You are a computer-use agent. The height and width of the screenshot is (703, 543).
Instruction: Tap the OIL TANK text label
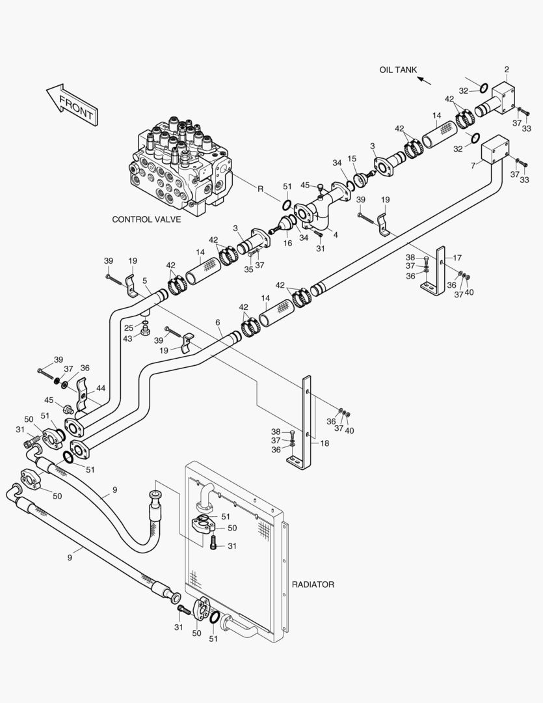pyautogui.click(x=398, y=70)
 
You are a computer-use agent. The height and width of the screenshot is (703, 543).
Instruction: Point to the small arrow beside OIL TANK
pyautogui.click(x=424, y=80)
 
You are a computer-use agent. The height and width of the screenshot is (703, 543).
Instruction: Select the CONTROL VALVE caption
pyautogui.click(x=146, y=219)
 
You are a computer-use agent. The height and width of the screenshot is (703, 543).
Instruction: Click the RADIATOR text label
pyautogui.click(x=313, y=585)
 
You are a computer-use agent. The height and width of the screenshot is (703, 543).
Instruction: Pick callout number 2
pyautogui.click(x=507, y=70)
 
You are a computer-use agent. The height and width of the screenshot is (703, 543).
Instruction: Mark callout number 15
pyautogui.click(x=352, y=159)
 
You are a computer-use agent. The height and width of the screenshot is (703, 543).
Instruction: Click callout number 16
pyautogui.click(x=287, y=243)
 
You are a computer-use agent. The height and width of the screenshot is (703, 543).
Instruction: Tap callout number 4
pyautogui.click(x=336, y=234)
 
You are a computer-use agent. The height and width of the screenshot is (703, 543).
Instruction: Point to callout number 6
pyautogui.click(x=218, y=323)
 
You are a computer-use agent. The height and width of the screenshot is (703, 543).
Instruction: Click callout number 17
pyautogui.click(x=457, y=257)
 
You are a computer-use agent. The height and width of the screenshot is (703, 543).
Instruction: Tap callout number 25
pyautogui.click(x=129, y=327)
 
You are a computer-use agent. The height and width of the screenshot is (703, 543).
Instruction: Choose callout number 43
pyautogui.click(x=127, y=338)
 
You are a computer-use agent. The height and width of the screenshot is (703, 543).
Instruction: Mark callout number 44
pyautogui.click(x=100, y=388)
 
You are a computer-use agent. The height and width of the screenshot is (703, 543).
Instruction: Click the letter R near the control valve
pyautogui.click(x=259, y=189)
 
